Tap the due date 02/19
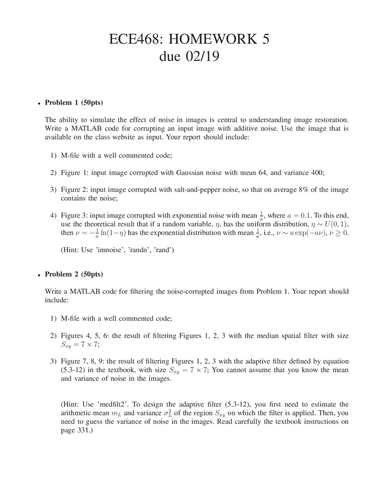tap(203, 56)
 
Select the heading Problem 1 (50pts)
tap(74, 103)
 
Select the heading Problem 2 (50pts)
tap(74, 274)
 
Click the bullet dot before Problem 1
tap(39, 103)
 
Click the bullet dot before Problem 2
tap(39, 275)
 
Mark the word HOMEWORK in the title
tap(213, 39)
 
